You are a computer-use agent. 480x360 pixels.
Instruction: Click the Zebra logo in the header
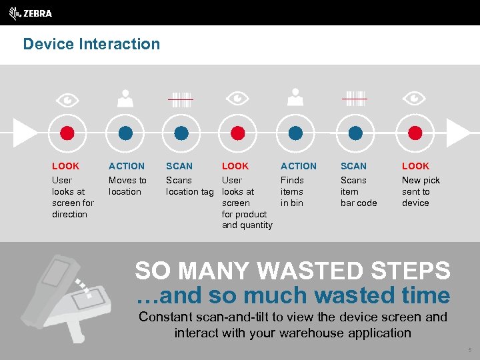tap(31, 13)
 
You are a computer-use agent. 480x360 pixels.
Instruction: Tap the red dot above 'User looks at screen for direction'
tap(67, 133)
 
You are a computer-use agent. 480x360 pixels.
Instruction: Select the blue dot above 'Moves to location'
tap(125, 133)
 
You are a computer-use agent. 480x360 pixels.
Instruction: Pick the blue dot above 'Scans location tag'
tap(181, 133)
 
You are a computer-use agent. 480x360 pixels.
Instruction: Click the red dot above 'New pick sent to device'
tap(415, 133)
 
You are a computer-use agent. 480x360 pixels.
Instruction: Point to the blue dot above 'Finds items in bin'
tap(295, 133)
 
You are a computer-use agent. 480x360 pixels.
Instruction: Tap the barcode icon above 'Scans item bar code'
tap(355, 98)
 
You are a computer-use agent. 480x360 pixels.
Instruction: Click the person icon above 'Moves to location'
tap(125, 99)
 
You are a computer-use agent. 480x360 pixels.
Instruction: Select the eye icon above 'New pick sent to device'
tap(415, 99)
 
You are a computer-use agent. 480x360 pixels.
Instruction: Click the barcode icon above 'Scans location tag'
tap(181, 99)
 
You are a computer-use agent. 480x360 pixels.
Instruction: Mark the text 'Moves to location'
tap(127, 186)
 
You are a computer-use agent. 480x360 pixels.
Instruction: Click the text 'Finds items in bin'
tap(292, 191)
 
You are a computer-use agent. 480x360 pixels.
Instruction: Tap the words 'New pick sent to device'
tap(420, 191)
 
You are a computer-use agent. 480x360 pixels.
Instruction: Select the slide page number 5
tap(469, 349)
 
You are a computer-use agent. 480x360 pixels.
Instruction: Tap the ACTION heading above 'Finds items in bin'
tap(298, 166)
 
